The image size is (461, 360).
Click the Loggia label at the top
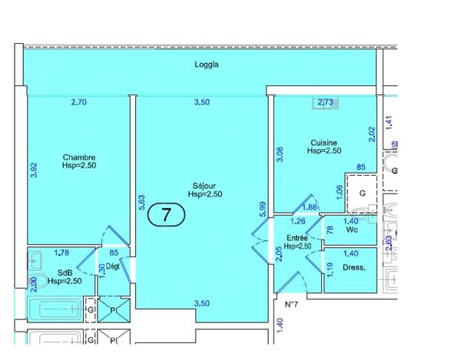[207, 65]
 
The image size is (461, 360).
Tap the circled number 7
[165, 215]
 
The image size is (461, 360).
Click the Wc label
[352, 229]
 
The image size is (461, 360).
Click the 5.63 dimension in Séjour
[142, 200]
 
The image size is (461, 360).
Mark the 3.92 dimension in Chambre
[33, 170]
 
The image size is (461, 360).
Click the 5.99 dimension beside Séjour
[263, 209]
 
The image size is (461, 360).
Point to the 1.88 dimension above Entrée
[311, 207]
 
